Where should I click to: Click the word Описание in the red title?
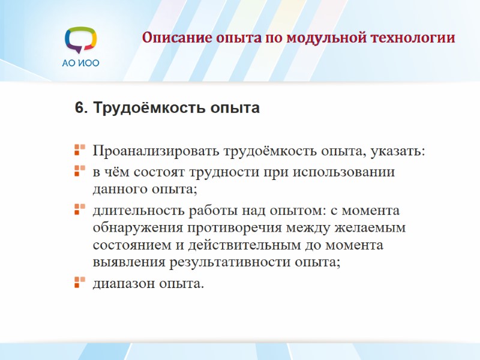(171, 38)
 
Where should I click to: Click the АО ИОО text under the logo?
(80, 62)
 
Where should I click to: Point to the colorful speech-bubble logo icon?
(80, 39)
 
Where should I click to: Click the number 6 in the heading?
(79, 109)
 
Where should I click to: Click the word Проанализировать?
(156, 150)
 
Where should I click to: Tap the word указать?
(399, 150)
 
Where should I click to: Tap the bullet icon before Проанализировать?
(79, 148)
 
